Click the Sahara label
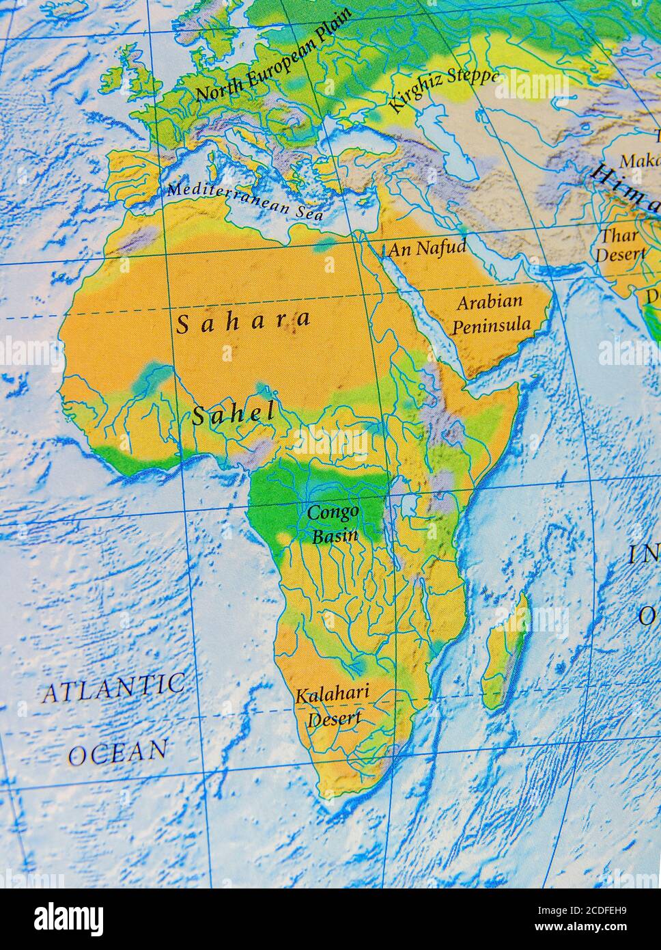point(244,321)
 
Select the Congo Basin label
point(334,523)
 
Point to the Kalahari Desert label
point(333,705)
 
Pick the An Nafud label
point(427,248)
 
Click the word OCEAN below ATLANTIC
point(117,752)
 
